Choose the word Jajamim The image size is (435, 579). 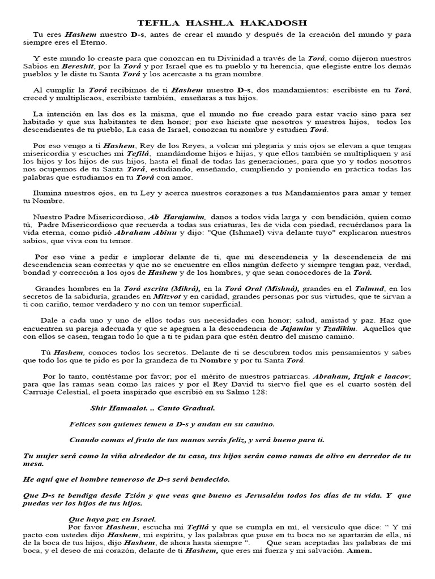[x=296, y=328]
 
